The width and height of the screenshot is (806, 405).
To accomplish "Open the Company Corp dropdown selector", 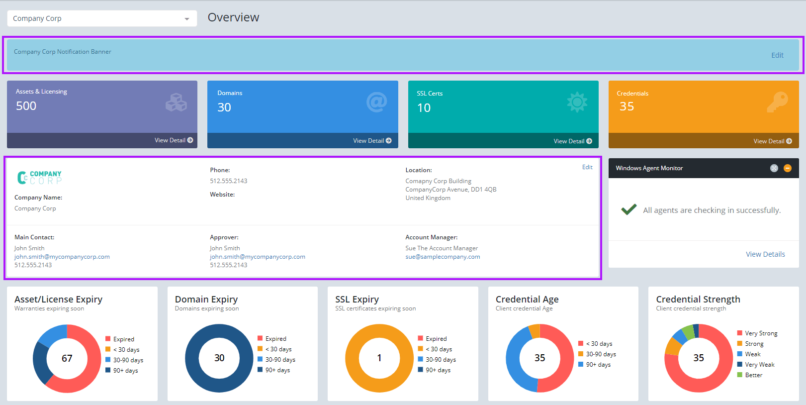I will click(x=102, y=18).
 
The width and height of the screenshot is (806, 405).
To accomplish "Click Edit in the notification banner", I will click(x=777, y=55).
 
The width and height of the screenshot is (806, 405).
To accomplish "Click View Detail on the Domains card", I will click(x=372, y=141).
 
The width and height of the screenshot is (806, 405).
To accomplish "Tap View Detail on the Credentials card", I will click(x=772, y=141).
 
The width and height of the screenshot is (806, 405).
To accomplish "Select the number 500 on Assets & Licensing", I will click(x=26, y=106).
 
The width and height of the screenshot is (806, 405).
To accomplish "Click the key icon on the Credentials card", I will click(x=777, y=102).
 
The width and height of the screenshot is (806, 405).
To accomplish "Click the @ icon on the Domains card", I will click(x=376, y=102).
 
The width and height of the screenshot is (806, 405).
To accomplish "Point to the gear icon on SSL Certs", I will click(x=577, y=102).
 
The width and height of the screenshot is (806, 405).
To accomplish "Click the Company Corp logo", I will click(x=39, y=178).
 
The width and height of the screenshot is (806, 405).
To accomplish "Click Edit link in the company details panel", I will click(x=587, y=167).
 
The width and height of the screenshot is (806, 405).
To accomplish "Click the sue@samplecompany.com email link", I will click(x=443, y=257).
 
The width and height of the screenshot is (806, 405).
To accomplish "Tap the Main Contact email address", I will click(x=62, y=257).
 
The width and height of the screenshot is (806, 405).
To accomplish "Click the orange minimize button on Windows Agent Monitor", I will click(x=788, y=168).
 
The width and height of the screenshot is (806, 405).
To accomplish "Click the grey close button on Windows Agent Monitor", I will click(x=774, y=168).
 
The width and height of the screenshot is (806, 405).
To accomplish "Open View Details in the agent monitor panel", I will click(x=765, y=254).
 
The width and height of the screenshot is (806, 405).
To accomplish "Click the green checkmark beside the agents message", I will click(x=628, y=209).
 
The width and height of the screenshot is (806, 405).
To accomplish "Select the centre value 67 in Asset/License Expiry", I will click(x=67, y=358).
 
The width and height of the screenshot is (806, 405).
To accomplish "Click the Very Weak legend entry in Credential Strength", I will click(x=759, y=365).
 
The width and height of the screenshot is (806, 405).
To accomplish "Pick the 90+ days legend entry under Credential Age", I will click(x=598, y=365).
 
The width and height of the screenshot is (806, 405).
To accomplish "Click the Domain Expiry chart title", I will click(x=206, y=299).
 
